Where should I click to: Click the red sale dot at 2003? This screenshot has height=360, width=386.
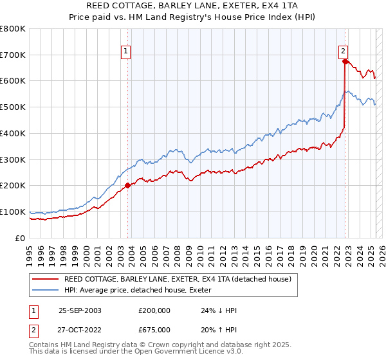point(127,185)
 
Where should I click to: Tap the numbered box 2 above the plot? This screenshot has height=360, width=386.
point(344,51)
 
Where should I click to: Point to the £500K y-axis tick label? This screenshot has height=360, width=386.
point(13,107)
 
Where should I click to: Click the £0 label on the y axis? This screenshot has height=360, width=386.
point(21,238)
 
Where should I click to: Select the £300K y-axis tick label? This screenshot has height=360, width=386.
point(13,159)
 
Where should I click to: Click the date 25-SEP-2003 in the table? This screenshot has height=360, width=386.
point(80,310)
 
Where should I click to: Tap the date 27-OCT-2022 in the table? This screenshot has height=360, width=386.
point(80,330)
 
